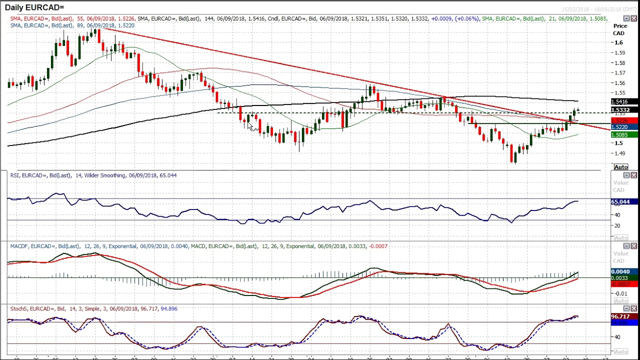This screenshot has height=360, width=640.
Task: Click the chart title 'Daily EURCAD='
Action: click(x=34, y=7)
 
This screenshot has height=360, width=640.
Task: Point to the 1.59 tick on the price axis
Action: click(x=620, y=52)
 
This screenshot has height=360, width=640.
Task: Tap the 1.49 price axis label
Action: click(x=620, y=153)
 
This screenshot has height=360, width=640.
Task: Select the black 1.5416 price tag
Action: click(x=620, y=102)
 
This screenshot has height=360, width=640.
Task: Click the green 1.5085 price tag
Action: click(x=620, y=134)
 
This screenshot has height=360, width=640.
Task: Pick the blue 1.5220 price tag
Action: click(x=620, y=127)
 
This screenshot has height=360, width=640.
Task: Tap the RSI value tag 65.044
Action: click(x=620, y=201)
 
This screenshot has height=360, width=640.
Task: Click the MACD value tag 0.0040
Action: click(x=620, y=272)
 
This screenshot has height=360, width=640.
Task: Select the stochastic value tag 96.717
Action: click(x=620, y=316)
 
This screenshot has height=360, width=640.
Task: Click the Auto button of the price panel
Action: click(x=620, y=167)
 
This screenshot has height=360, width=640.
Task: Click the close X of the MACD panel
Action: click(x=633, y=246)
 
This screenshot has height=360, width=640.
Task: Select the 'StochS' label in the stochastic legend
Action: click(x=19, y=308)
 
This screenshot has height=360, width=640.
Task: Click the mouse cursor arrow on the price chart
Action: click(x=251, y=127)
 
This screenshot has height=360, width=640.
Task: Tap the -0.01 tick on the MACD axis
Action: click(x=620, y=293)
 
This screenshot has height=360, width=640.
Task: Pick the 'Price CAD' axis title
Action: click(x=620, y=29)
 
